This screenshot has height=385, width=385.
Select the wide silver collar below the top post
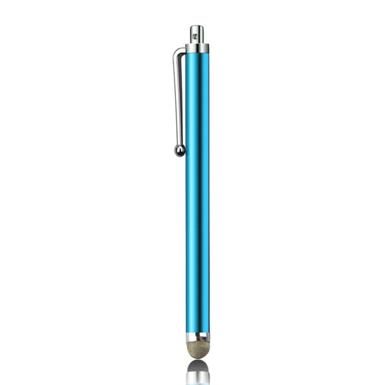pos(197,49)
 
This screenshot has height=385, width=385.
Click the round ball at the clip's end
pos(179,150)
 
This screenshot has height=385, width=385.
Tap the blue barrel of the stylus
pos(198,192)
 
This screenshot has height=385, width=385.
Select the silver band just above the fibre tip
pos(198,338)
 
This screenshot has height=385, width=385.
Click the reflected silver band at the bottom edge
pos(198,379)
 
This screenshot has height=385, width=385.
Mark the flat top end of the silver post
pos(197,26)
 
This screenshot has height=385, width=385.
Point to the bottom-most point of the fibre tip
pos(198,358)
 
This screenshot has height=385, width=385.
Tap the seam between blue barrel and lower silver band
pos(198,333)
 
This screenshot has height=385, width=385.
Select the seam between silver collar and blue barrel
pos(197,53)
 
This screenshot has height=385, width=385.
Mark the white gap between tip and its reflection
pos(198,360)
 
